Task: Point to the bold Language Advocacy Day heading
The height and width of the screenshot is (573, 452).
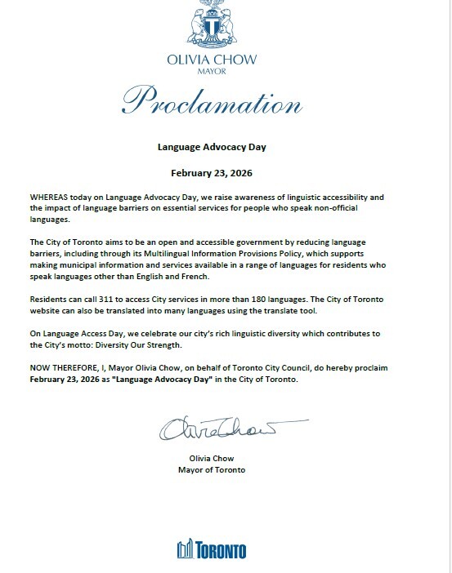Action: click(212, 149)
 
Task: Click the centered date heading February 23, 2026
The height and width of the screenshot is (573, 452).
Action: click(212, 173)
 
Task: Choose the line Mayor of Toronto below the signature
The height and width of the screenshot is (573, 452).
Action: click(212, 470)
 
